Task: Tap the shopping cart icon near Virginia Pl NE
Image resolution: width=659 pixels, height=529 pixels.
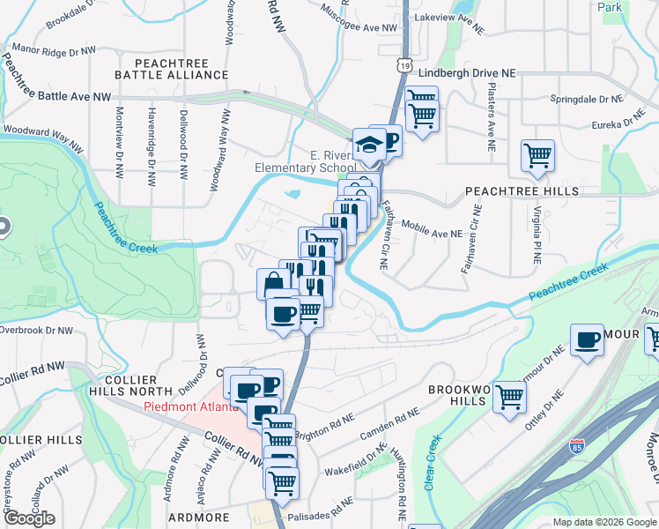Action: click(x=537, y=156)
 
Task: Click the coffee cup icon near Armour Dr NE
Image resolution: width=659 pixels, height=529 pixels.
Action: click(x=587, y=340)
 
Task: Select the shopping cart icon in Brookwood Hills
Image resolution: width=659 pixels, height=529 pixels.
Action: click(x=509, y=396)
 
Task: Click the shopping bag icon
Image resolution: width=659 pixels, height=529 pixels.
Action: click(x=274, y=284)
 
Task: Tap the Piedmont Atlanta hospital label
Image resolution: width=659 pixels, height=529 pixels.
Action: click(x=190, y=406)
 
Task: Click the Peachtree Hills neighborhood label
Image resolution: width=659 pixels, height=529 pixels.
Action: click(x=522, y=190)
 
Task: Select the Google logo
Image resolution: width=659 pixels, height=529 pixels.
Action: click(x=28, y=518)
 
